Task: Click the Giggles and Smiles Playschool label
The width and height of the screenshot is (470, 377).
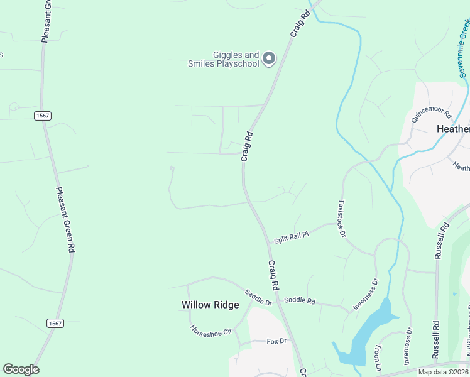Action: click(x=223, y=59)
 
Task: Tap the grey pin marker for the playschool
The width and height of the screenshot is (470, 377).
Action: click(x=269, y=58)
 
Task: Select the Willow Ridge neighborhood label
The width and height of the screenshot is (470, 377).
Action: click(x=210, y=305)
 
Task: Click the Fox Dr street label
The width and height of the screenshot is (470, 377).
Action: click(x=276, y=341)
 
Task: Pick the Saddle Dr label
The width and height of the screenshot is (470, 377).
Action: click(x=259, y=298)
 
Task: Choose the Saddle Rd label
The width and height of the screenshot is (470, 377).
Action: click(x=299, y=300)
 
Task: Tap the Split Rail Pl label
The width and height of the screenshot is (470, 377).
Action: click(x=292, y=236)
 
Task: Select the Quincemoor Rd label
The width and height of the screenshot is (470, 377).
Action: click(x=432, y=114)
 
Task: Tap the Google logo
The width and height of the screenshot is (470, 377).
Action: click(x=21, y=369)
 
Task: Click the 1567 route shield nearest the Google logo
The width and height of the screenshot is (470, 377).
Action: click(x=55, y=322)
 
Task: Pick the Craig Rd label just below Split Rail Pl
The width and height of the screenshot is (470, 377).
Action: click(x=273, y=275)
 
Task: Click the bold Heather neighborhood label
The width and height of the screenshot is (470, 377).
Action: click(x=453, y=129)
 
